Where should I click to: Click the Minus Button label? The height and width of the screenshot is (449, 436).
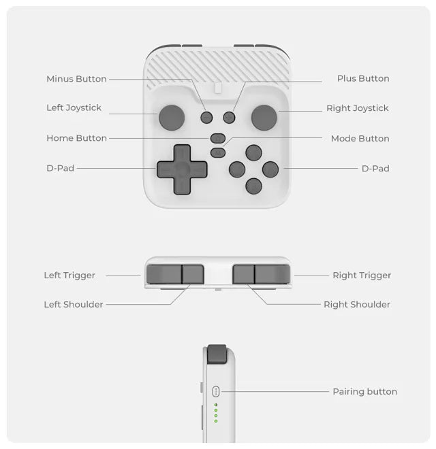[x=76, y=79]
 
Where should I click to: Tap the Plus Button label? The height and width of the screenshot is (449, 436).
[x=363, y=79]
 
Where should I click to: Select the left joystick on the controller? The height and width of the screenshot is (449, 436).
[x=172, y=118]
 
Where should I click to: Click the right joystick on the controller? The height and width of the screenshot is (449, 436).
[x=264, y=118]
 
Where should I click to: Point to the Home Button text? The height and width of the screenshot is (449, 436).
[x=76, y=138]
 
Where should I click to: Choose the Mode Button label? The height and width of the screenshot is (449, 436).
[x=360, y=139]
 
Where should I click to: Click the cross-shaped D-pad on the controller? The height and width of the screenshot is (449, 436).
[x=182, y=169]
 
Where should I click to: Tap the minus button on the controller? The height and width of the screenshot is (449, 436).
[x=206, y=118]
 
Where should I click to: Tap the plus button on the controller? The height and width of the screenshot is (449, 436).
[x=229, y=118]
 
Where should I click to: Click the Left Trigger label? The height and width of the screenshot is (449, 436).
[x=69, y=276]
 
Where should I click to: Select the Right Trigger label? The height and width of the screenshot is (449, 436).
[x=362, y=276]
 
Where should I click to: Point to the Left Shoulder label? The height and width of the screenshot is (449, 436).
[x=74, y=305]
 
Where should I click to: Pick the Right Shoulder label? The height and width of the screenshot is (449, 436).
[x=357, y=305]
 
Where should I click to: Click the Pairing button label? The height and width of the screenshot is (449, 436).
[x=364, y=392]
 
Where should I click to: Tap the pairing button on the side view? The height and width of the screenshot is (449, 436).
[x=216, y=391]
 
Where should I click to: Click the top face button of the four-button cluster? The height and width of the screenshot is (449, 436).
[x=253, y=152]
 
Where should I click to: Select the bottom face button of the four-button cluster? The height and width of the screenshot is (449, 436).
[x=253, y=186]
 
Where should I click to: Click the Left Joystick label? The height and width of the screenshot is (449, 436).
[x=74, y=108]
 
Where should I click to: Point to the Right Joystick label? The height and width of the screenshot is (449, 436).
[x=357, y=108]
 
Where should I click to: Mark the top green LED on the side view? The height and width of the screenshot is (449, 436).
[x=216, y=405]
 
